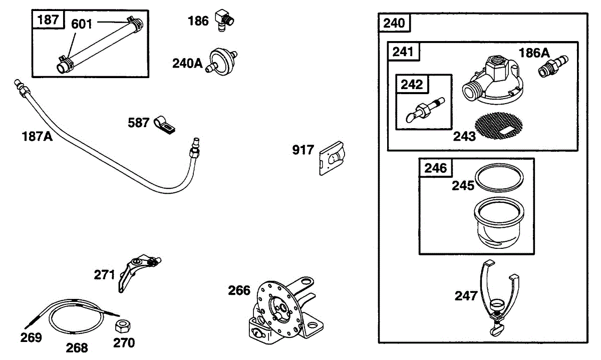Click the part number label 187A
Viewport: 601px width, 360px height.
[37, 136]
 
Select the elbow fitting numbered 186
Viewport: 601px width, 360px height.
[224, 21]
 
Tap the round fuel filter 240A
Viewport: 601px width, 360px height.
[221, 62]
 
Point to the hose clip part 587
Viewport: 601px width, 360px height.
[164, 125]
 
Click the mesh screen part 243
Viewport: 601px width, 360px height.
[498, 126]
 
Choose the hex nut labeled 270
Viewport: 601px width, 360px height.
[123, 326]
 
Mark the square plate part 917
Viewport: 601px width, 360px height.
[332, 158]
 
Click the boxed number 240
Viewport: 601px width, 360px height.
[394, 23]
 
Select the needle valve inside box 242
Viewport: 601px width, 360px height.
[425, 110]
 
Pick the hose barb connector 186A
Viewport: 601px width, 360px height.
[553, 67]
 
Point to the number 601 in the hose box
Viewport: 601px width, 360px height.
[81, 24]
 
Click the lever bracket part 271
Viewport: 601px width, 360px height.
[138, 272]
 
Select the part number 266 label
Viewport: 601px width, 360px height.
[239, 290]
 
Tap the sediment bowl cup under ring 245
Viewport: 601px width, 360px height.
[499, 223]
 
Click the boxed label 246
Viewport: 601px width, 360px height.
[435, 168]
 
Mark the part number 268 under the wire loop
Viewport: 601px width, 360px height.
[77, 348]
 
